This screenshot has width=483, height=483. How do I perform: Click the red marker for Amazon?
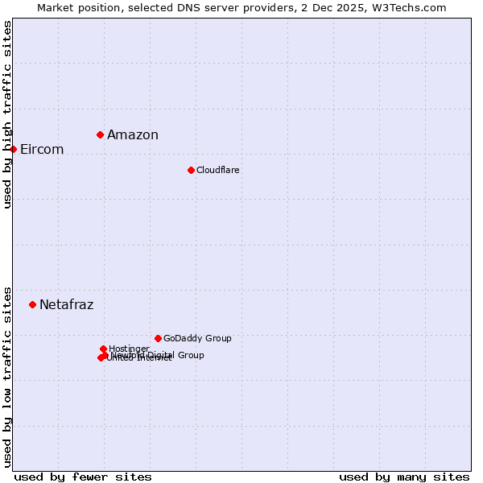tap(100, 134)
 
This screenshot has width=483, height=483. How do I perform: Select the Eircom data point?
tap(14, 149)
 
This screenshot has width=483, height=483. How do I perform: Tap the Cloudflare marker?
tap(191, 170)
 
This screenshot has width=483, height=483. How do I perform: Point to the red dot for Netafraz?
tap(33, 304)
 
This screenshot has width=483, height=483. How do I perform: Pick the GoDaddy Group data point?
tap(158, 338)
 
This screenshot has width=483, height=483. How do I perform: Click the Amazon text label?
tap(133, 135)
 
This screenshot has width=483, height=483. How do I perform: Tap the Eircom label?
tap(42, 150)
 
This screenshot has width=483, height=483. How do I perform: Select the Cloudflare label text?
tap(218, 171)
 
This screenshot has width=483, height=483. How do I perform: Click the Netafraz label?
tap(67, 305)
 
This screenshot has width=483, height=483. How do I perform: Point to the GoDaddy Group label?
tap(197, 339)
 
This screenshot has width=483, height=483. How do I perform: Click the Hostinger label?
tap(130, 349)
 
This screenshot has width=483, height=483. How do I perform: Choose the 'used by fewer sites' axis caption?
tap(83, 477)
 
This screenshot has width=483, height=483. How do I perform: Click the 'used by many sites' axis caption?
tap(404, 477)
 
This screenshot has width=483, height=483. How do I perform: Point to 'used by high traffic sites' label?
tap(7, 114)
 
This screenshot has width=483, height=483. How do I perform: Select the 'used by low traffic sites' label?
tap(7, 376)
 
